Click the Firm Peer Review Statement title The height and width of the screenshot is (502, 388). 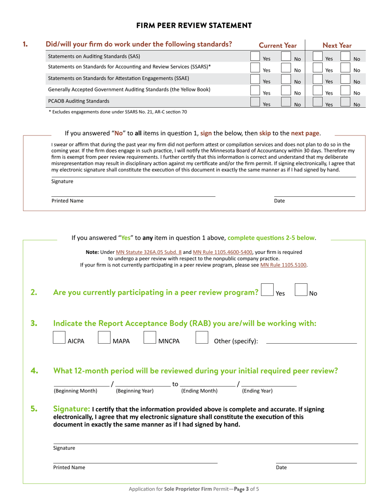[x=194, y=26]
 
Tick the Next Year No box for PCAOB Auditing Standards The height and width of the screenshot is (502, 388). [x=345, y=102]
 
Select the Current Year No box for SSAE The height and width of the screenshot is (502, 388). [x=286, y=79]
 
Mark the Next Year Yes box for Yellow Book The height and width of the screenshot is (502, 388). [x=317, y=91]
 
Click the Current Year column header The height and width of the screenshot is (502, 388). [x=278, y=46]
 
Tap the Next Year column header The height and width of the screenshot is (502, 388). [x=337, y=46]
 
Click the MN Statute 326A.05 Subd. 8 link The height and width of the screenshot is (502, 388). [x=149, y=252]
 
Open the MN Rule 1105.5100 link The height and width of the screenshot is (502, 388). [x=283, y=265]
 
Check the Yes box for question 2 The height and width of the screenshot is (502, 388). [x=267, y=290]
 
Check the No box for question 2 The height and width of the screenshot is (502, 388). [x=301, y=290]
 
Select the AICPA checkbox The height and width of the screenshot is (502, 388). [x=60, y=338]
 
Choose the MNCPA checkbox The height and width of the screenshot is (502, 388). [x=149, y=338]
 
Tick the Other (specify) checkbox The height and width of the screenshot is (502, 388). [x=202, y=338]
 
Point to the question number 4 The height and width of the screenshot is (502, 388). [x=34, y=371]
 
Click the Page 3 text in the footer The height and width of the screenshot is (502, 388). [x=241, y=489]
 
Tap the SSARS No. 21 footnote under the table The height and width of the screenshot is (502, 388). [x=118, y=112]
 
